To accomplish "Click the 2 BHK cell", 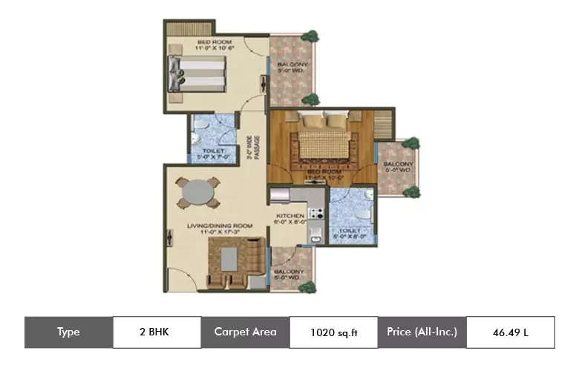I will tap(157, 332).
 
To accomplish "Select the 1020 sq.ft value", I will tap(333, 332).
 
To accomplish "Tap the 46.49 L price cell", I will tap(510, 332).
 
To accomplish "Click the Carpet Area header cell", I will tap(245, 332).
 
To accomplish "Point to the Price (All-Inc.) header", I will tap(422, 332).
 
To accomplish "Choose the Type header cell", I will tap(68, 332).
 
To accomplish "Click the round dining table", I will tap(197, 193).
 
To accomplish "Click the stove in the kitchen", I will tap(315, 214).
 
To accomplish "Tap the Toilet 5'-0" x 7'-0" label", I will tap(213, 154).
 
